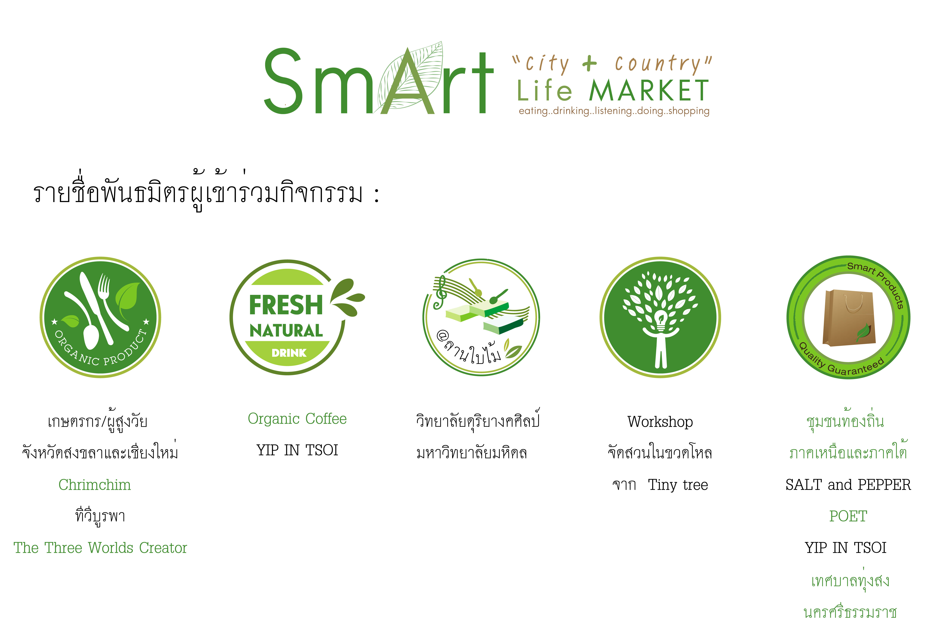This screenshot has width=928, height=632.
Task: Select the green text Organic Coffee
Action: tap(297, 419)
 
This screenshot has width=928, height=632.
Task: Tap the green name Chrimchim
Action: tap(95, 485)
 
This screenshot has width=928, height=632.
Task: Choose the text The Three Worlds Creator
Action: tap(100, 548)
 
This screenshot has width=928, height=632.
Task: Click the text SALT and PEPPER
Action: tap(848, 485)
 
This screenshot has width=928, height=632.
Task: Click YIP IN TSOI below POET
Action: tap(846, 548)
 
